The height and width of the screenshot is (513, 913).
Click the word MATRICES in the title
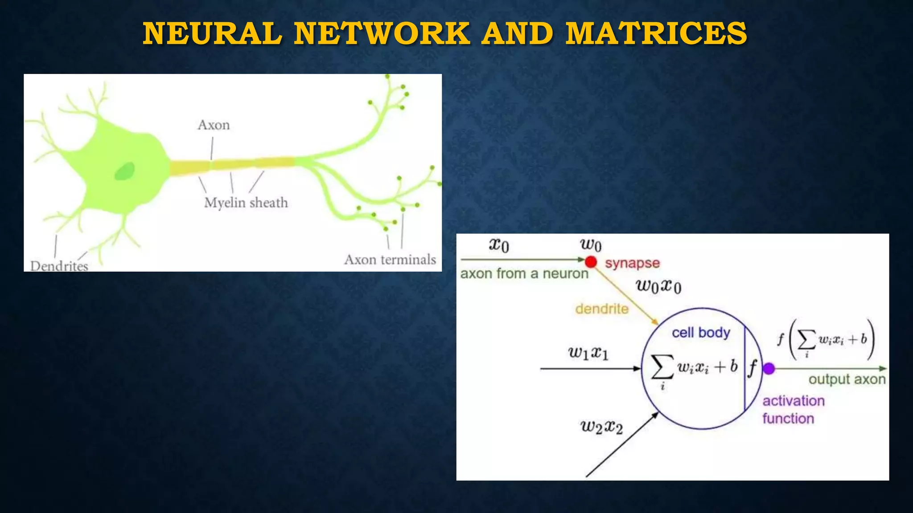(656, 34)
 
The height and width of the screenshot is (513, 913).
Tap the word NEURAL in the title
(213, 34)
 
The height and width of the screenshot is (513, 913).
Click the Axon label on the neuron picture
(214, 125)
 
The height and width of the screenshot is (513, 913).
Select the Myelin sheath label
(246, 203)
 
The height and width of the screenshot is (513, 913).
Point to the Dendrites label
(59, 266)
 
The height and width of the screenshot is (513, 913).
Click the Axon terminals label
(390, 260)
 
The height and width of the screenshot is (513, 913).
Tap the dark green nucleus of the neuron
(124, 171)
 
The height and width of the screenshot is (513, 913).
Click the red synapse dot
(591, 262)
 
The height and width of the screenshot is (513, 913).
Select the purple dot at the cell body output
(769, 369)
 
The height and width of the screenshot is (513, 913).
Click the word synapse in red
(632, 263)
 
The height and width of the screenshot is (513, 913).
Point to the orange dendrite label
(602, 309)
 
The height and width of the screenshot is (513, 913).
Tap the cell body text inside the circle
(701, 333)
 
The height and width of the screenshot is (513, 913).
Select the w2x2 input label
(601, 427)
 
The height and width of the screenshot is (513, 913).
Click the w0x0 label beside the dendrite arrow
(658, 286)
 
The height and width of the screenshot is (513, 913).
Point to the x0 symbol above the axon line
(499, 245)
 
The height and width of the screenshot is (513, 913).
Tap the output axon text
(847, 379)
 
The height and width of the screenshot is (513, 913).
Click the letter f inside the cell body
(753, 368)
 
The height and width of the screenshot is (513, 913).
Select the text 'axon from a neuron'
(524, 273)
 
